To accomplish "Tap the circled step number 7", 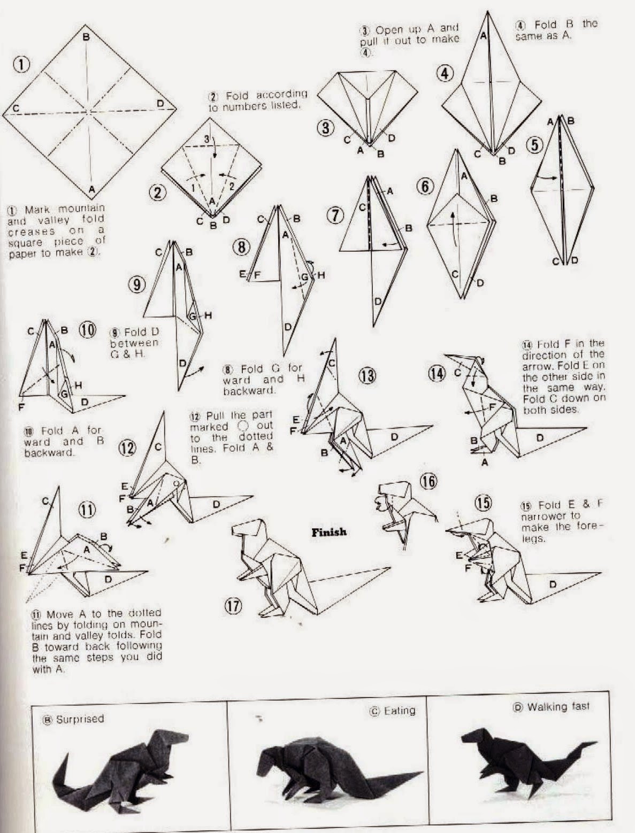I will pyautogui.click(x=335, y=215).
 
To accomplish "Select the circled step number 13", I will pyautogui.click(x=367, y=376).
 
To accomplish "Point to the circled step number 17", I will pyautogui.click(x=234, y=606).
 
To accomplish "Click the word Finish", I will pyautogui.click(x=329, y=532).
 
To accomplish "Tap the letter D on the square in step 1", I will pyautogui.click(x=160, y=102).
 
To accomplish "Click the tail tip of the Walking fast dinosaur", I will pyautogui.click(x=595, y=743).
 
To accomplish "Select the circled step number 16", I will pyautogui.click(x=429, y=482).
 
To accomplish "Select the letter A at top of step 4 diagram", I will pyautogui.click(x=483, y=36).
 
